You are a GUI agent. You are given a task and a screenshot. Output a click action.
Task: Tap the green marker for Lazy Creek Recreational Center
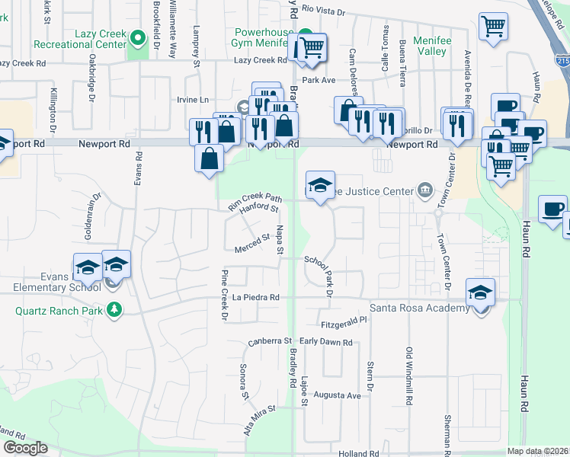click(x=138, y=37)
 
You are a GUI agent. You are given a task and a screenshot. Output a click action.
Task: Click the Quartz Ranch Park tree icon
click(x=114, y=309)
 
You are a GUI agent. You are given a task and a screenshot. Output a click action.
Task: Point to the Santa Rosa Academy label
click(x=419, y=308)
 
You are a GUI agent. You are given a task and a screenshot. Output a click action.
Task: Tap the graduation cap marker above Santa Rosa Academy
click(x=480, y=292)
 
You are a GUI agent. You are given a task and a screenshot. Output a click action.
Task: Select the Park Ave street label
click(x=319, y=79)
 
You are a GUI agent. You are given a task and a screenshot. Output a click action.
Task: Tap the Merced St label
click(x=252, y=242)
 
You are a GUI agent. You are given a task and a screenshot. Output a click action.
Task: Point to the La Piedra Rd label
click(x=257, y=296)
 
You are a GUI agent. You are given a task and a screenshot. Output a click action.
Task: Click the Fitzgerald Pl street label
click(x=344, y=323)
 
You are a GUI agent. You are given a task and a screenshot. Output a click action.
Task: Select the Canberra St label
click(x=271, y=341)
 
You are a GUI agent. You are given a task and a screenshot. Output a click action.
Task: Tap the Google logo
click(x=25, y=448)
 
